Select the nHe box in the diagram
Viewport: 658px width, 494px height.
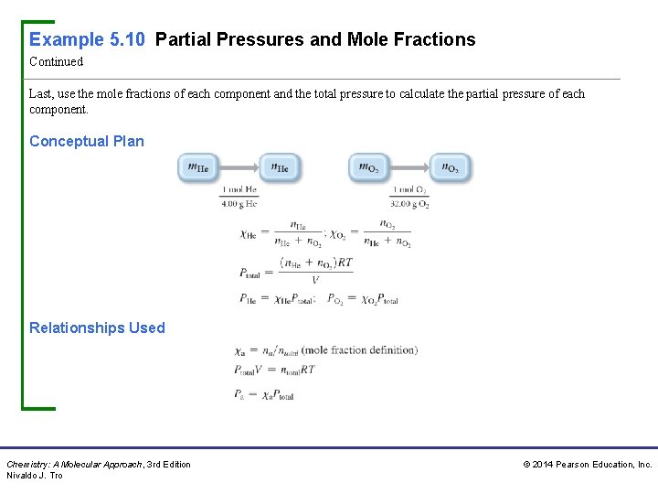(280, 167)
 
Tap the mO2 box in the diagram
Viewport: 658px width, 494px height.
(368, 167)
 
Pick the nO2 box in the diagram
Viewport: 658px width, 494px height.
(451, 167)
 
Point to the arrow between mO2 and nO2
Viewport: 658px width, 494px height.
(409, 167)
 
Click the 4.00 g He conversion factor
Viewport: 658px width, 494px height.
(239, 197)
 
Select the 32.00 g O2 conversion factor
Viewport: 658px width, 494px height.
(409, 197)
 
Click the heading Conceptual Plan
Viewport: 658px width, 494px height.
(87, 141)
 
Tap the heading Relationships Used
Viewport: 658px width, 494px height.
(97, 328)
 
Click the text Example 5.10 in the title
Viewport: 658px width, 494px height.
(88, 39)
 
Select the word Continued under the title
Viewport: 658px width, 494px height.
(56, 62)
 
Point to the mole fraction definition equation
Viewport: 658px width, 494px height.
(326, 349)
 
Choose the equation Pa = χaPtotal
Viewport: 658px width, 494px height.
(266, 395)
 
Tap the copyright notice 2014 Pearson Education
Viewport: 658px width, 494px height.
(587, 465)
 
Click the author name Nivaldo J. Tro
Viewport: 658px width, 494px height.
(35, 476)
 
